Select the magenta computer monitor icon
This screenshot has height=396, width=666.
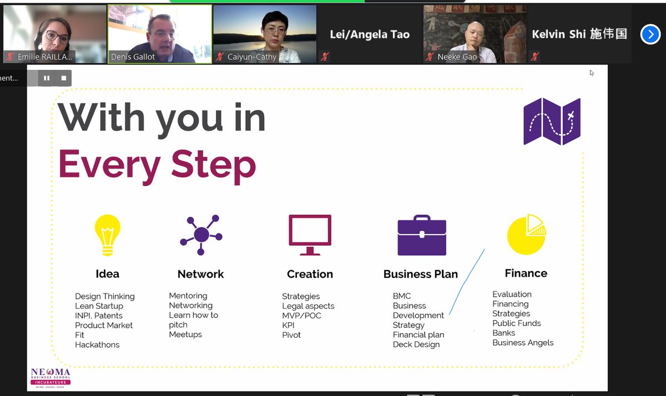[x=310, y=235]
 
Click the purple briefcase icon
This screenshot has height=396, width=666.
[x=422, y=236]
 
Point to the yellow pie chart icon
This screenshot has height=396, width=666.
[x=526, y=235]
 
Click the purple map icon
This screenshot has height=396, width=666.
[x=552, y=121]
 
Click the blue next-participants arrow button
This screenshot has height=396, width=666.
[x=650, y=34]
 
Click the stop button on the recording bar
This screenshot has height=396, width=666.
[x=64, y=78]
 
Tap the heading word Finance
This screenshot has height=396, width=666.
[x=526, y=273]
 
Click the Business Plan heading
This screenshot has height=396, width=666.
[x=420, y=274]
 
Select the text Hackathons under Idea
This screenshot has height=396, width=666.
[x=97, y=345]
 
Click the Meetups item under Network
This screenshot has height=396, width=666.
[x=185, y=334]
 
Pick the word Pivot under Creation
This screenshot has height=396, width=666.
[x=291, y=335]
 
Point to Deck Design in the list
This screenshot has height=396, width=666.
[x=416, y=344]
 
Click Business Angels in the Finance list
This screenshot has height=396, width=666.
[x=523, y=343]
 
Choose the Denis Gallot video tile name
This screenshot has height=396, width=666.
[x=133, y=57]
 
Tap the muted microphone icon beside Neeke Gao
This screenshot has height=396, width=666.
[x=429, y=57]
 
